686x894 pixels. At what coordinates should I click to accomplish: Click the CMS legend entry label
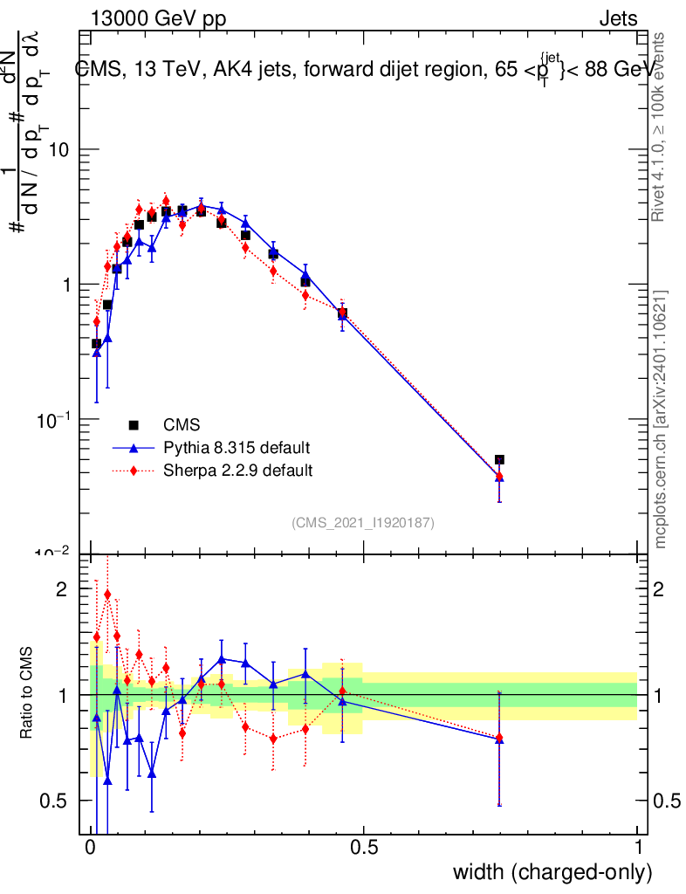(x=182, y=425)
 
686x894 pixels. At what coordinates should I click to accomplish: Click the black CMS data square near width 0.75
(x=499, y=459)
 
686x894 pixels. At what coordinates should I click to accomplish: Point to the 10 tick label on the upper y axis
(x=58, y=150)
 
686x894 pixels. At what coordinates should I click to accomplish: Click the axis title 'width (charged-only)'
(x=552, y=872)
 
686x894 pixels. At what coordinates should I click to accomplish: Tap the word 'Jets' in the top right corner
(x=618, y=18)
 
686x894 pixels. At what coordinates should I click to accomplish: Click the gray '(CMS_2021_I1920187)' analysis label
(x=363, y=522)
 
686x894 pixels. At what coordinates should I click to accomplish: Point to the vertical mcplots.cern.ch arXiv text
(x=662, y=419)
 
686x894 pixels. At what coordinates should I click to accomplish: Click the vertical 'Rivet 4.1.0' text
(x=662, y=127)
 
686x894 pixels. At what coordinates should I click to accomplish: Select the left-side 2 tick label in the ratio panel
(x=61, y=589)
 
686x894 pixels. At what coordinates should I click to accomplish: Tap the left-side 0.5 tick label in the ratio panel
(x=55, y=801)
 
